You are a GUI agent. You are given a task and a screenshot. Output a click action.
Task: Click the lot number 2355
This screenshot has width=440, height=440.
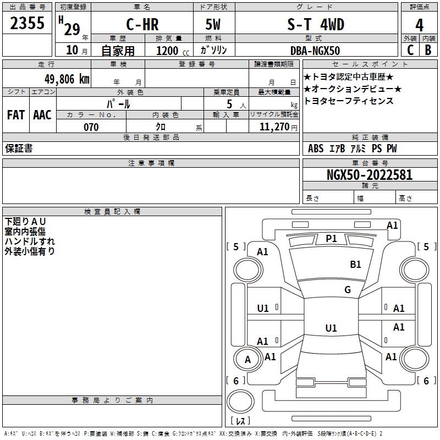coord(27,23)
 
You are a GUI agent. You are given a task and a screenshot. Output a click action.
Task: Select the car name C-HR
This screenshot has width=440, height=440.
coord(142,24)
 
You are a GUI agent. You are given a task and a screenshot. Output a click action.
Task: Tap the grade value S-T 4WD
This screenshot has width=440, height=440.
coord(316,24)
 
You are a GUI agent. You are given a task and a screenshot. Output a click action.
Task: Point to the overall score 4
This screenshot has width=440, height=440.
coord(419,25)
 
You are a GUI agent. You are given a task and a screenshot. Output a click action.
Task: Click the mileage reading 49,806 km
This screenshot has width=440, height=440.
coord(67,79)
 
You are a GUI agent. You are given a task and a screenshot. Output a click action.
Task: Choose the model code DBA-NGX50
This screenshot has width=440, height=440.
coord(315,51)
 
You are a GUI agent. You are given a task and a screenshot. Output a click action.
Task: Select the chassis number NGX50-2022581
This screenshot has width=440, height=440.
coord(370,175)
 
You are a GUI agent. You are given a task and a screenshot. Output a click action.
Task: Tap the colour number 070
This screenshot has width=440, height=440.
coord(91,127)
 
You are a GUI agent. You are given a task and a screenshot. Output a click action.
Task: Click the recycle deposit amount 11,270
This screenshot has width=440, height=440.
coord(274,127)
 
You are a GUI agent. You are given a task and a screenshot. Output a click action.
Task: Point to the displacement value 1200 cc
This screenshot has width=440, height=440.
coord(173,51)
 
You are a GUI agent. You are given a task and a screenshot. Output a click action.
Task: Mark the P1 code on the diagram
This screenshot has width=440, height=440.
coord(331,239)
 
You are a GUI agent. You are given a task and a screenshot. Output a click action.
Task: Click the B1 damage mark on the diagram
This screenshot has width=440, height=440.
coord(355,265)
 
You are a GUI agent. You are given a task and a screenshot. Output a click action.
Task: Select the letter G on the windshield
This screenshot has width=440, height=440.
coord(348,290)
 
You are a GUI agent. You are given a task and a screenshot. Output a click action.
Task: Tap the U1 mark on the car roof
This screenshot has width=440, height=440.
coord(331,328)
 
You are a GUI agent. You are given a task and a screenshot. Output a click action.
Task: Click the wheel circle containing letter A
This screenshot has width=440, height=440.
coord(248,359)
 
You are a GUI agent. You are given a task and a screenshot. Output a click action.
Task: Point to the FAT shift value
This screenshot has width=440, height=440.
coord(16,115)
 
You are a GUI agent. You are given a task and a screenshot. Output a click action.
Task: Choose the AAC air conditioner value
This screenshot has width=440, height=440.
coord(42,115)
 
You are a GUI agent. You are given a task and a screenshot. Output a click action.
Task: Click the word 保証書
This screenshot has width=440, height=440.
coord(19,148)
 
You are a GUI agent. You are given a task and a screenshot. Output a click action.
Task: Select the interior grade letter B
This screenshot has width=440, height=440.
coord(428,50)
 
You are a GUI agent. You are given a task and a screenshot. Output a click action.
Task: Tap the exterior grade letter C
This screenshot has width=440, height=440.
coord(410,50)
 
